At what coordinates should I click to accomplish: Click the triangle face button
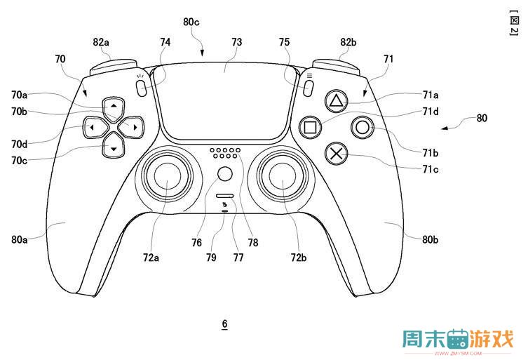click(336, 100)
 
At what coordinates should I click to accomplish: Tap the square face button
click(310, 127)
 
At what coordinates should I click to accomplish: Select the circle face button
click(363, 128)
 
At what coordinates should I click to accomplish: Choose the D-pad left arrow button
click(95, 127)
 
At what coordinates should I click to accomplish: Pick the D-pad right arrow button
click(131, 127)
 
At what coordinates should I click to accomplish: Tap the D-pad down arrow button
click(114, 146)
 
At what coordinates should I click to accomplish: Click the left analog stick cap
click(168, 175)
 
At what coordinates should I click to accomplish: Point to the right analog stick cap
click(282, 176)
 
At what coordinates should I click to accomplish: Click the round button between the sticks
click(224, 174)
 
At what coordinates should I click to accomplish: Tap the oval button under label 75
click(308, 88)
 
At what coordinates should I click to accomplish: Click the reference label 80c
click(191, 22)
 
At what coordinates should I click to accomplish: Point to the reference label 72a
click(151, 258)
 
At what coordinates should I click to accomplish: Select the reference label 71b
click(431, 153)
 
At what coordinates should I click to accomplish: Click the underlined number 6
click(224, 324)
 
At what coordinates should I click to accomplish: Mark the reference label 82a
click(101, 42)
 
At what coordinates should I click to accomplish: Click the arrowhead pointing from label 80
click(445, 128)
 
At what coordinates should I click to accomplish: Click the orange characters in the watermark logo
click(492, 338)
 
